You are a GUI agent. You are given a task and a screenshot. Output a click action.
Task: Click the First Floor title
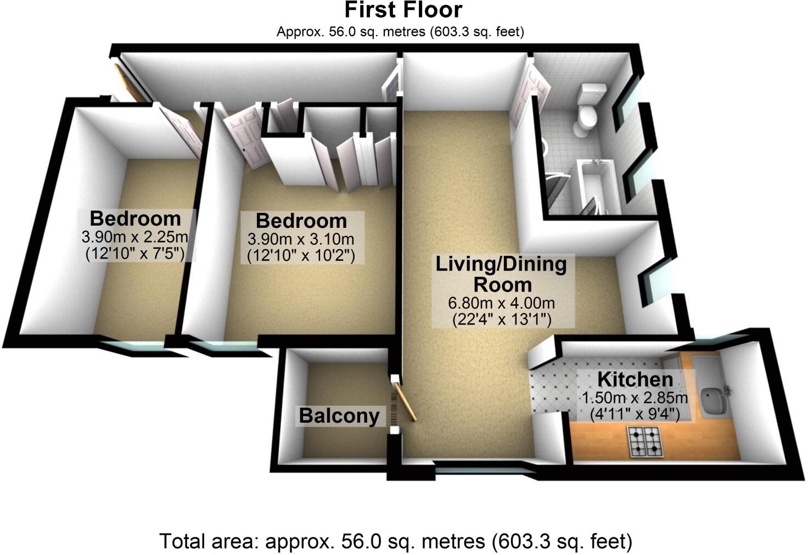pyautogui.click(x=403, y=10)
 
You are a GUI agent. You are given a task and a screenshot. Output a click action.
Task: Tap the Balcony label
pyautogui.click(x=339, y=416)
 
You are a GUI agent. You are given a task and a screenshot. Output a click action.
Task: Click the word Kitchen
pyautogui.click(x=635, y=379)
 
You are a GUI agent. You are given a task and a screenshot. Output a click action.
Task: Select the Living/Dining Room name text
pyautogui.click(x=501, y=274)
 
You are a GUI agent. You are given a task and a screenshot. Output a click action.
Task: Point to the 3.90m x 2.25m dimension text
pyautogui.click(x=134, y=237)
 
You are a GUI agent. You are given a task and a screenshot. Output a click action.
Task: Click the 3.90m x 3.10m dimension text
pyautogui.click(x=301, y=239)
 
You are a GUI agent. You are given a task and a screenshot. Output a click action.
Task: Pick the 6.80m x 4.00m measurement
pyautogui.click(x=501, y=303)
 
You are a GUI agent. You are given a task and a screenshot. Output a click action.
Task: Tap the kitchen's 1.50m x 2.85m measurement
pyautogui.click(x=635, y=397)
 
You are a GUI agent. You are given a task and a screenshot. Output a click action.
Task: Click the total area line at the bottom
pyautogui.click(x=395, y=541)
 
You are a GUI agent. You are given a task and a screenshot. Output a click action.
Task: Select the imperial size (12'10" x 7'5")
pyautogui.click(x=134, y=254)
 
